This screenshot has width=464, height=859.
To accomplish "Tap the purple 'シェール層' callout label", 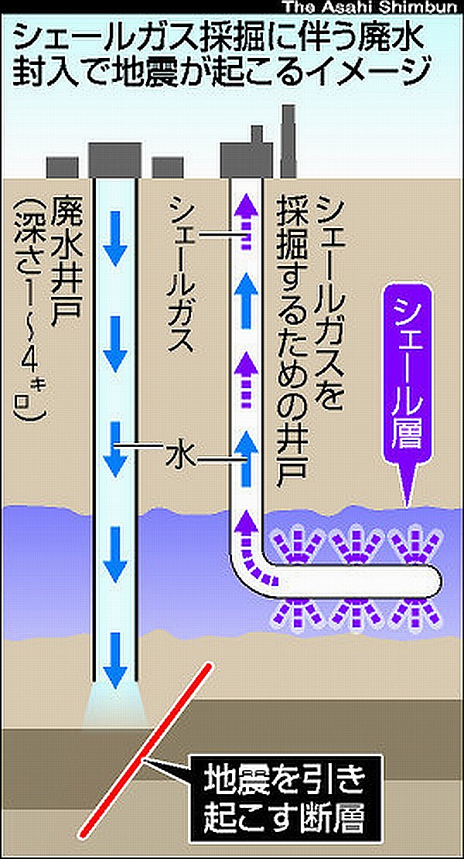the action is (x=408, y=376).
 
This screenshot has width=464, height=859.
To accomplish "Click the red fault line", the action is (x=148, y=742).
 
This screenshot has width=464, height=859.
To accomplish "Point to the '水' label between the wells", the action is (x=177, y=457).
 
